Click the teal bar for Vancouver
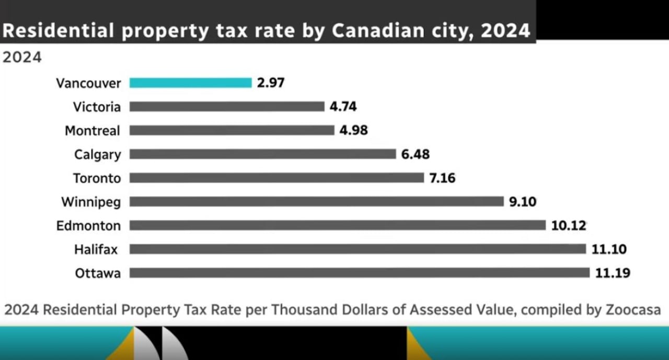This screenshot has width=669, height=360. pyautogui.click(x=191, y=83)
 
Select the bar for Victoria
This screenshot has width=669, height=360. pyautogui.click(x=227, y=107)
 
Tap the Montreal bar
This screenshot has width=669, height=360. pyautogui.click(x=232, y=130)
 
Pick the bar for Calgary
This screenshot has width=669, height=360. pyautogui.click(x=263, y=154)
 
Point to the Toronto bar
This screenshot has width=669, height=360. pyautogui.click(x=277, y=178)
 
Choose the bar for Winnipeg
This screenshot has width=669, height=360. pyautogui.click(x=317, y=202)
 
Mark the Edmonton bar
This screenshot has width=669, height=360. pyautogui.click(x=338, y=225)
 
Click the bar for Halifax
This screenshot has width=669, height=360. pyautogui.click(x=358, y=249)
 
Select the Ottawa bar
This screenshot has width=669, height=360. pyautogui.click(x=360, y=273)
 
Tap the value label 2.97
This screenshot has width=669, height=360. pyautogui.click(x=271, y=83)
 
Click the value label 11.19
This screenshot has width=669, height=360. pyautogui.click(x=613, y=273)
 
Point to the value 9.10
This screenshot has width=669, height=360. pyautogui.click(x=523, y=202)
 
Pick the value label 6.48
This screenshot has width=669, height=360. pyautogui.click(x=416, y=154)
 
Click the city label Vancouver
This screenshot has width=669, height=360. pyautogui.click(x=88, y=83)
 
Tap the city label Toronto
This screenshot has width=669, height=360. pyautogui.click(x=97, y=178)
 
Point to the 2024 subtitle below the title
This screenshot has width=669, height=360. pyautogui.click(x=22, y=57)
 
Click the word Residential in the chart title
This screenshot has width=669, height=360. pyautogui.click(x=58, y=31)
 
